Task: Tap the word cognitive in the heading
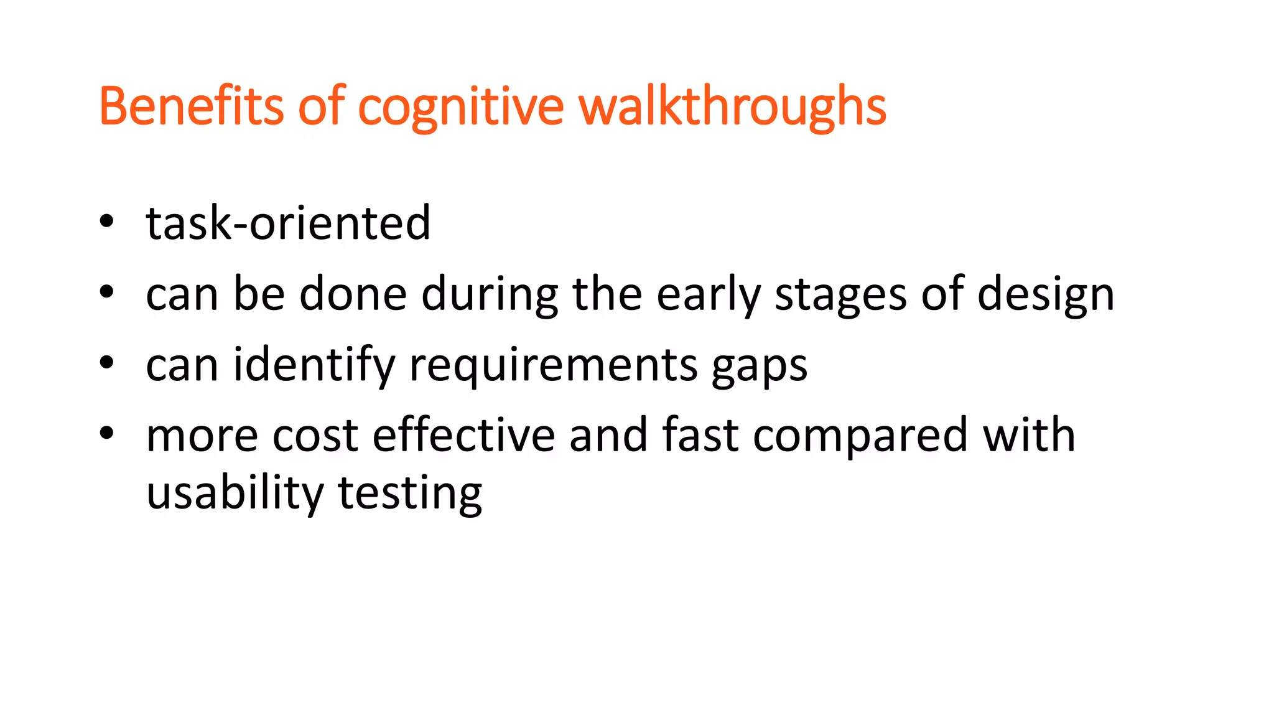click(x=460, y=107)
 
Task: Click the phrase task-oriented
click(x=288, y=223)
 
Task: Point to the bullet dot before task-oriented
click(x=107, y=221)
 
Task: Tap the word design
click(x=1046, y=294)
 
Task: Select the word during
click(x=490, y=295)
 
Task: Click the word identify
click(x=314, y=365)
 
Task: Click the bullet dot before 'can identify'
click(x=107, y=362)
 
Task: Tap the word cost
click(x=315, y=435)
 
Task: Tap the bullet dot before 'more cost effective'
click(x=107, y=433)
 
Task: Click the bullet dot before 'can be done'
click(x=107, y=292)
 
